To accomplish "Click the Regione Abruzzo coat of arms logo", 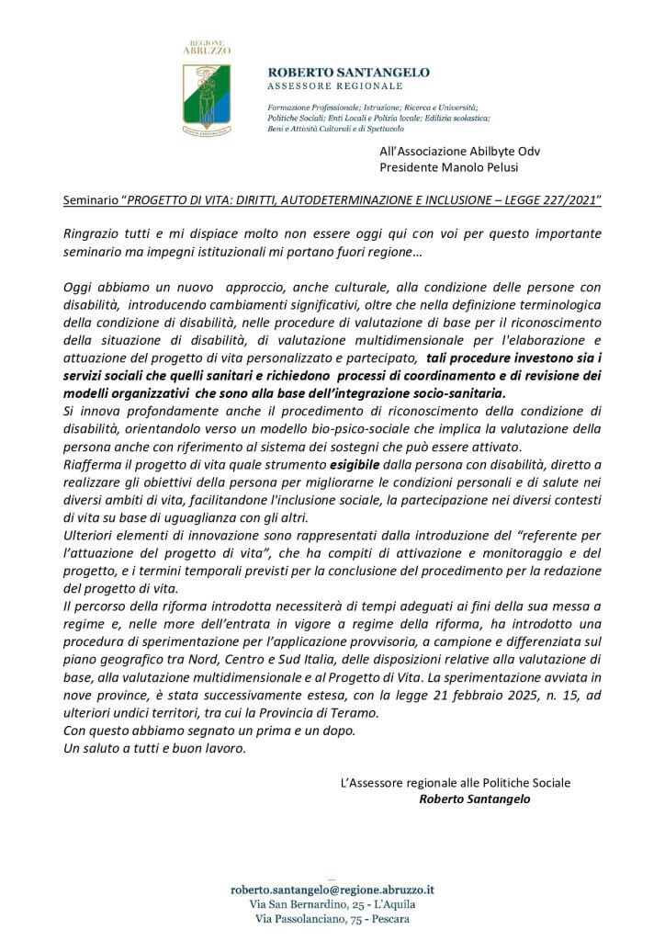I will (206, 96).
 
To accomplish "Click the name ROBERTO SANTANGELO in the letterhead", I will (348, 73).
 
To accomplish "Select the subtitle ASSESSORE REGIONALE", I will (334, 85).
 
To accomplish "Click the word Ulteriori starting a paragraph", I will (91, 531).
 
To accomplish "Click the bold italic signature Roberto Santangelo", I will (474, 799).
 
